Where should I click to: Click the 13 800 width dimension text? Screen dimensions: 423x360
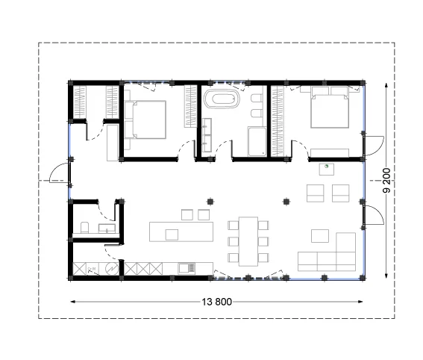216,302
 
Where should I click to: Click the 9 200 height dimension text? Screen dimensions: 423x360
386,181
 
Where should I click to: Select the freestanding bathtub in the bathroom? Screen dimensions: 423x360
222,99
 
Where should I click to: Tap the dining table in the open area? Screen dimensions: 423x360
248,241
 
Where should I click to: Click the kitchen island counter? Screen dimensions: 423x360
181,232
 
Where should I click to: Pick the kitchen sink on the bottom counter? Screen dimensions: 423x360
187,268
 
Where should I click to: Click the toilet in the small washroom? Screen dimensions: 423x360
85,227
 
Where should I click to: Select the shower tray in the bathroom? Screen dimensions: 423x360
257,142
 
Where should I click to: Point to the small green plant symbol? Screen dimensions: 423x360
326,167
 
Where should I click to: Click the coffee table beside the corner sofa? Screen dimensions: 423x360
320,236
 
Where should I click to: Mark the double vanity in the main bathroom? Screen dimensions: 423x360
207,135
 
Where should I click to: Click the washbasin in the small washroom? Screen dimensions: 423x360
107,229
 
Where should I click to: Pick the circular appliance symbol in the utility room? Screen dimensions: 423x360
111,269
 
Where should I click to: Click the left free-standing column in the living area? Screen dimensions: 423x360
210,202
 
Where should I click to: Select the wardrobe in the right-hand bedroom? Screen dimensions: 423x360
278,121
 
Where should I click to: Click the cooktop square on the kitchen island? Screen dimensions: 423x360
172,235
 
